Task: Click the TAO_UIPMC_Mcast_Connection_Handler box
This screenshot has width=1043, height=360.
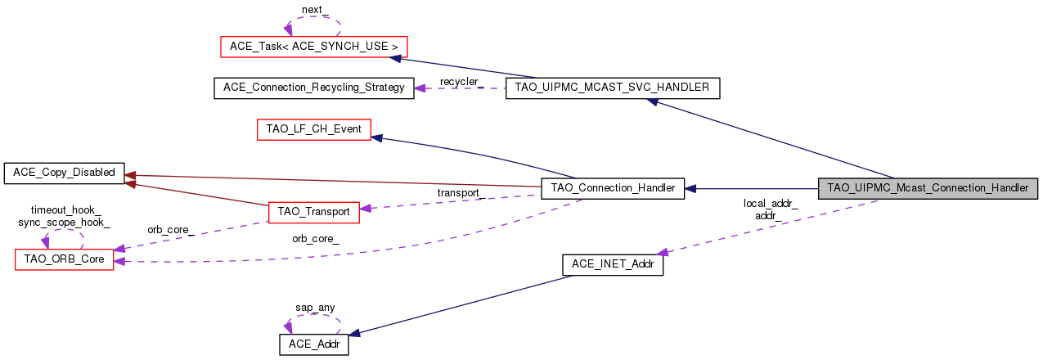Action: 928,187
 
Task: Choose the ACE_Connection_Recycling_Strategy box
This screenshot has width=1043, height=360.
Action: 313,88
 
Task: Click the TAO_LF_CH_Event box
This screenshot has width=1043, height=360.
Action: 314,129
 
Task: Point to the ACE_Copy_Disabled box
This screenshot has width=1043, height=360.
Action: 64,173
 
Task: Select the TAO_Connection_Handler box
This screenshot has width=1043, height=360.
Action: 613,188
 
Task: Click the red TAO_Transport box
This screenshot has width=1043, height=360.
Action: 314,211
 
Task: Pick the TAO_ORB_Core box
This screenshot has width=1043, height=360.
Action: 64,259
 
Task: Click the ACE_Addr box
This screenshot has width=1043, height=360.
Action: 314,344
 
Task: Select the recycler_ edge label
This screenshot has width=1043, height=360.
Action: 461,82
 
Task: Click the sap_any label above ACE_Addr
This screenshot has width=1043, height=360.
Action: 315,308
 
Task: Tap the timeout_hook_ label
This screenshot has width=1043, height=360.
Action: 65,210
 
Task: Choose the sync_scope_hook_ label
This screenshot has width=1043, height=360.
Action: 65,222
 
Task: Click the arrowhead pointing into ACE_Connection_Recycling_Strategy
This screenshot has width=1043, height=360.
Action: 420,88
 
